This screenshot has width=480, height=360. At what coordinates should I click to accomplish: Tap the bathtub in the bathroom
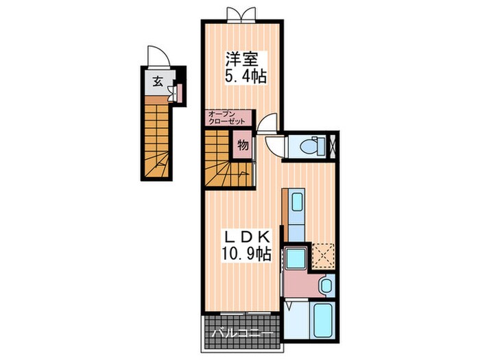(322, 320)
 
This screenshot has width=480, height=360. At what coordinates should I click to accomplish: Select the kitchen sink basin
(297, 202)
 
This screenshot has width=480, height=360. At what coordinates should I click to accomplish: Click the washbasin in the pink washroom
(326, 285)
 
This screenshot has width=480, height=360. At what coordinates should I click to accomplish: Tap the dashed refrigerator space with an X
(323, 256)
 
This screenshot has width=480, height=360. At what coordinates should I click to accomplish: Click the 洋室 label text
(242, 60)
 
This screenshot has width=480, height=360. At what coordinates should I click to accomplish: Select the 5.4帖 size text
(245, 77)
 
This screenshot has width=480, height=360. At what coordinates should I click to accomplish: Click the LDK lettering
(248, 237)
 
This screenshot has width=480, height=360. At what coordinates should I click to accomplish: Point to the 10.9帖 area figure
(246, 254)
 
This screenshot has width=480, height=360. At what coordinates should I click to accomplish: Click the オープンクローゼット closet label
(226, 118)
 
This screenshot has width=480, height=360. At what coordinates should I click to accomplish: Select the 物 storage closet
(243, 145)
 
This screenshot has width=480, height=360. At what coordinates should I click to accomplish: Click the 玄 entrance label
(157, 82)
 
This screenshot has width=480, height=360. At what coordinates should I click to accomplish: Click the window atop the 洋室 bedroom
(241, 14)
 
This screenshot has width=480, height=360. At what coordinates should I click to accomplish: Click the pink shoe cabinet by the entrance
(180, 93)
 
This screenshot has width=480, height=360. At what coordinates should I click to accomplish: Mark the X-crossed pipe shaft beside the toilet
(333, 145)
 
